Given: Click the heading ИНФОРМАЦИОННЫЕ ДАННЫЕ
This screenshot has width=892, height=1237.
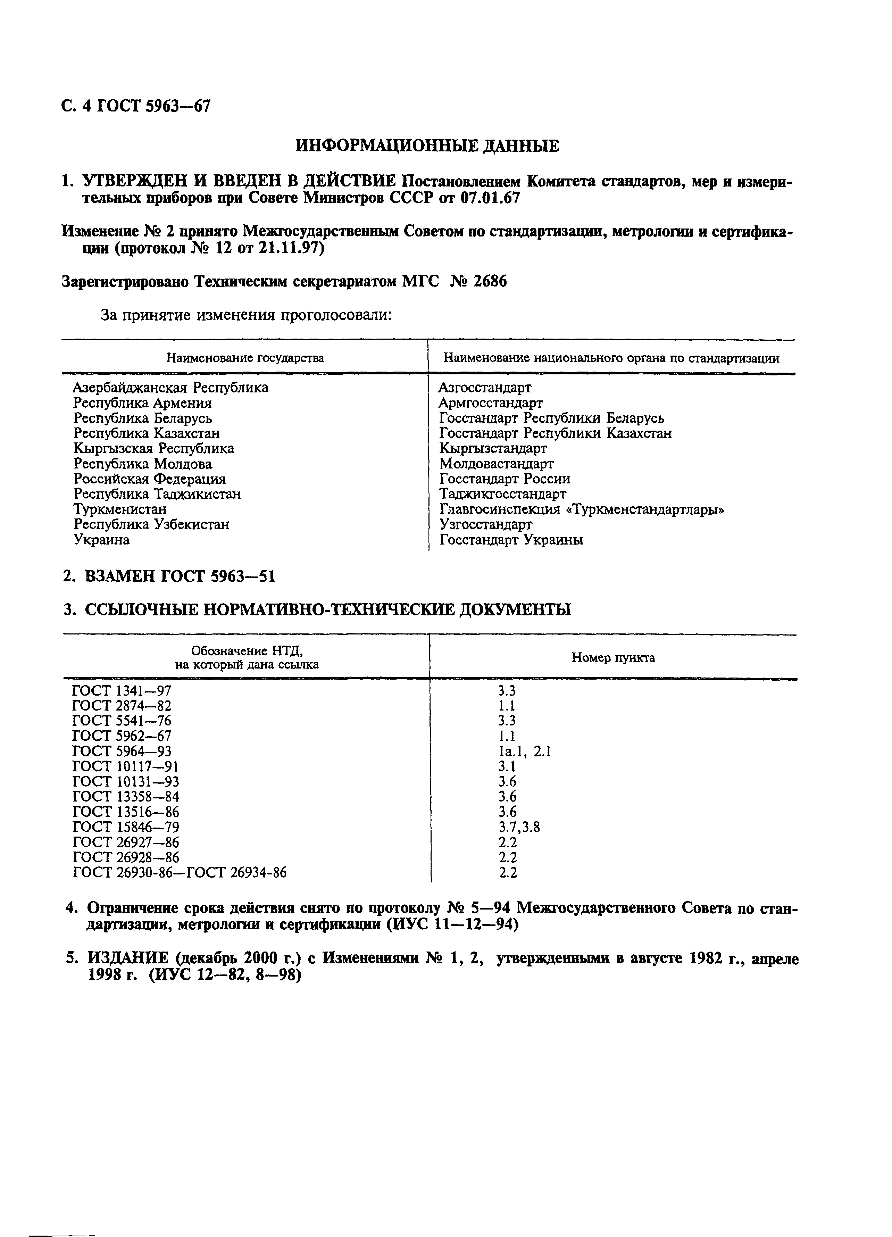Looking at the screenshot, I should tap(427, 146).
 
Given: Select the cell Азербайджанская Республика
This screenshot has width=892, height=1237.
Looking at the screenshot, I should tap(171, 388).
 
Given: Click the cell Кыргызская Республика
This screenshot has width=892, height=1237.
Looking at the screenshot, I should tap(154, 448).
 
